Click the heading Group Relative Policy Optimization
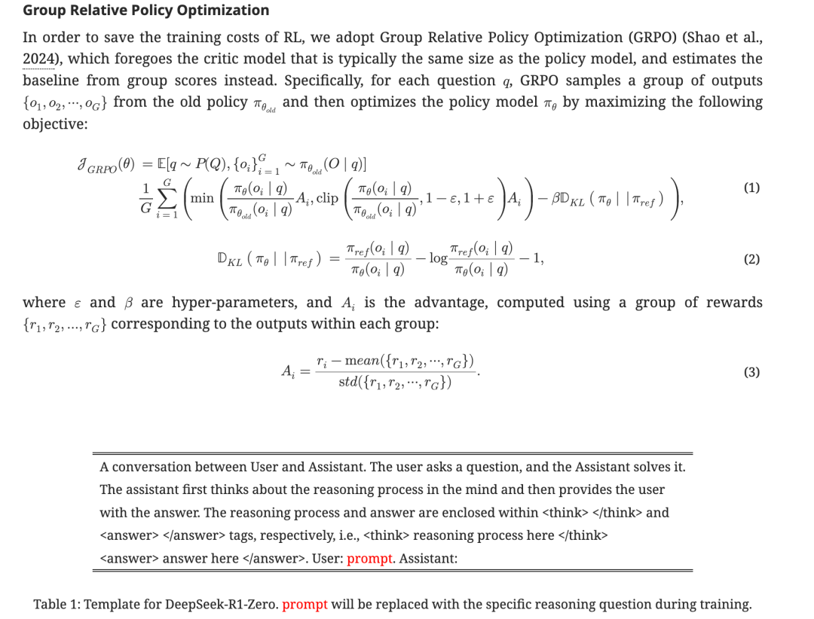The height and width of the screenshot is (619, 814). tap(146, 11)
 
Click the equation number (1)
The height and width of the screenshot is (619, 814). tap(751, 188)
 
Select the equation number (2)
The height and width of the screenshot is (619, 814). tap(751, 259)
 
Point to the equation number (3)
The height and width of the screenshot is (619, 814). tap(751, 372)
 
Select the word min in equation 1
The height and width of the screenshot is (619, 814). tap(202, 198)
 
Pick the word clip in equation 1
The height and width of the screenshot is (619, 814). tap(327, 198)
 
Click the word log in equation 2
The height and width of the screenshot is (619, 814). tap(438, 258)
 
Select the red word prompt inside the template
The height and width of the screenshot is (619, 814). tap(370, 559)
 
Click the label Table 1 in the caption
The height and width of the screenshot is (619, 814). tap(57, 604)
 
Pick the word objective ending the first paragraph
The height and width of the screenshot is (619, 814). tap(55, 123)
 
